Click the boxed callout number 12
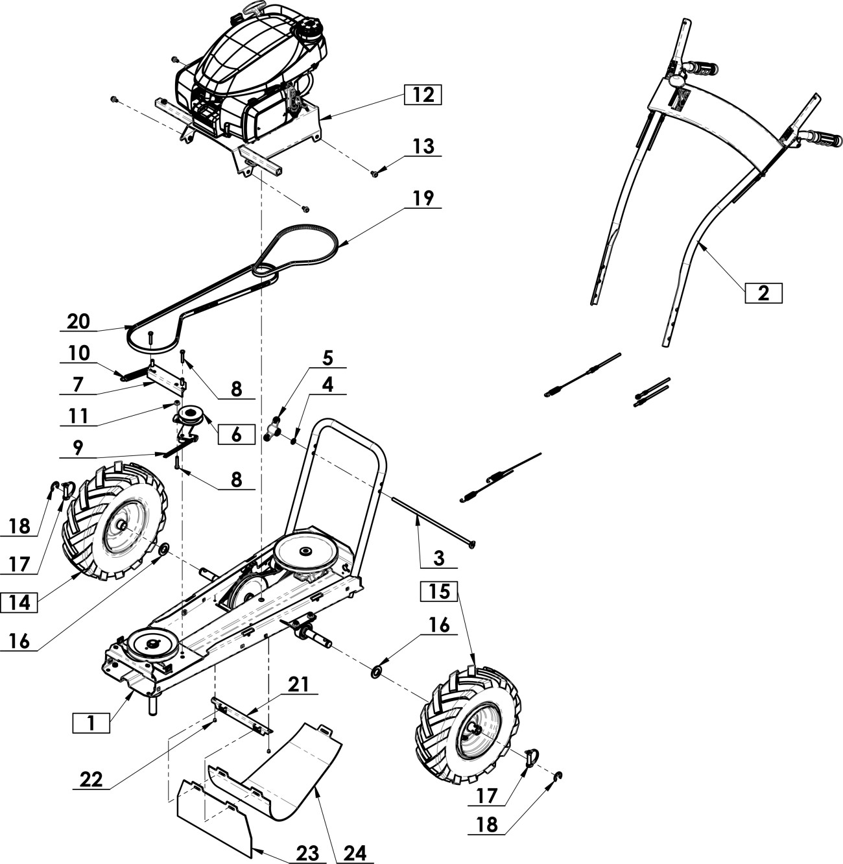422,95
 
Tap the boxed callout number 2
763,293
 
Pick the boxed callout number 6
235,434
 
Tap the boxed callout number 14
19,602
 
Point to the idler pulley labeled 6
193,415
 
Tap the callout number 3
439,557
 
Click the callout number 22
92,779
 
